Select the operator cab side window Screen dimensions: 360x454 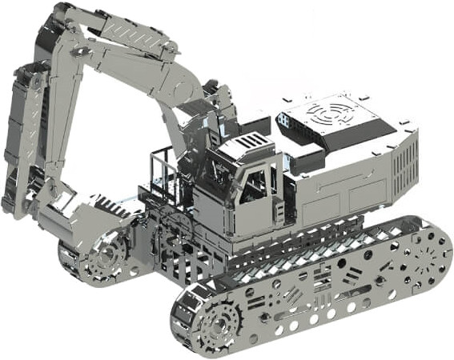(x=255, y=186)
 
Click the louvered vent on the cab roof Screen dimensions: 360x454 (x=249, y=142)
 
